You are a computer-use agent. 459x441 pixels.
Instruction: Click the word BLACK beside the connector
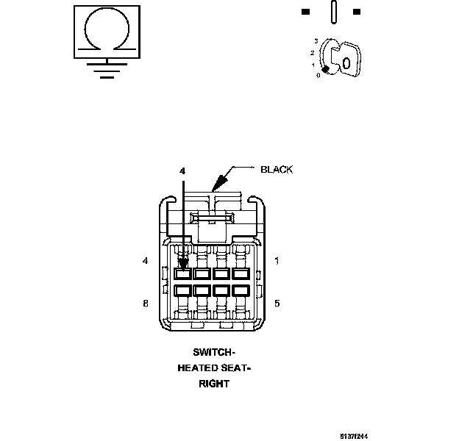pyautogui.click(x=277, y=170)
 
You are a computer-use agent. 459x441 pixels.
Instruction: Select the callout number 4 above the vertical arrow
pyautogui.click(x=182, y=171)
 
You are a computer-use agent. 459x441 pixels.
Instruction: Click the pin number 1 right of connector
pyautogui.click(x=276, y=261)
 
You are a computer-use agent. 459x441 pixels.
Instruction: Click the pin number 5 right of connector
pyautogui.click(x=276, y=303)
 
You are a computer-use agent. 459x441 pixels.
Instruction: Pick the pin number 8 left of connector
pyautogui.click(x=146, y=303)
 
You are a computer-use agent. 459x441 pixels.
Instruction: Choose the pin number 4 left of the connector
pyautogui.click(x=146, y=261)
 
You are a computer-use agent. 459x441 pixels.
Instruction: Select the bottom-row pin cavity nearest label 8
pyautogui.click(x=184, y=290)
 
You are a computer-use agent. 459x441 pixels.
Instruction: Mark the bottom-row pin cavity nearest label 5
pyautogui.click(x=241, y=290)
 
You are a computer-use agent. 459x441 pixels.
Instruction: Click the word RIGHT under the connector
pyautogui.click(x=214, y=384)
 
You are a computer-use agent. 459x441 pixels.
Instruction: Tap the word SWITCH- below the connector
pyautogui.click(x=214, y=352)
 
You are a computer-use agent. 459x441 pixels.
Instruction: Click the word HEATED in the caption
pyautogui.click(x=198, y=367)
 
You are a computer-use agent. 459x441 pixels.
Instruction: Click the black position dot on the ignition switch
pyautogui.click(x=324, y=70)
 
